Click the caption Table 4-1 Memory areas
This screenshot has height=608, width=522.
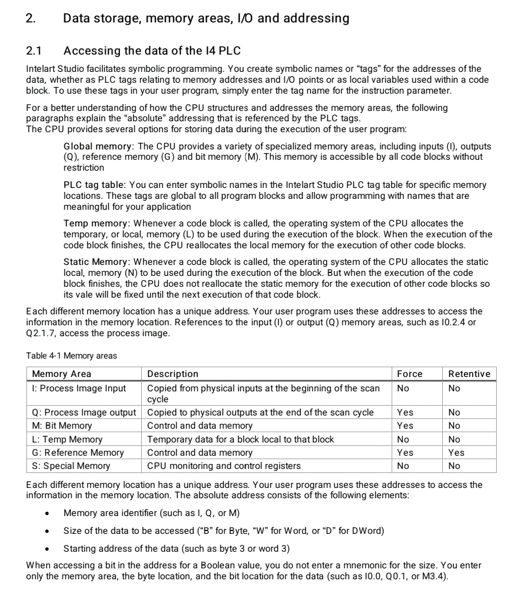[72, 356]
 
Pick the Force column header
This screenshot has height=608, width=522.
[409, 374]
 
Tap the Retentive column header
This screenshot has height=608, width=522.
[469, 374]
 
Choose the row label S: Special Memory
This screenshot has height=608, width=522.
[71, 465]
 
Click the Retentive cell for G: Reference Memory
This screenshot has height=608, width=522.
[456, 452]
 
